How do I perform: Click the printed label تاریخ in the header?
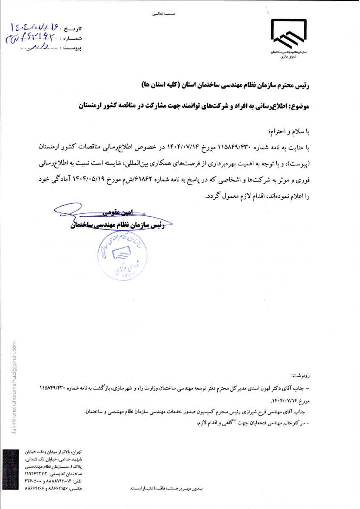click(71, 30)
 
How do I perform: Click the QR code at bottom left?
click(9, 470)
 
